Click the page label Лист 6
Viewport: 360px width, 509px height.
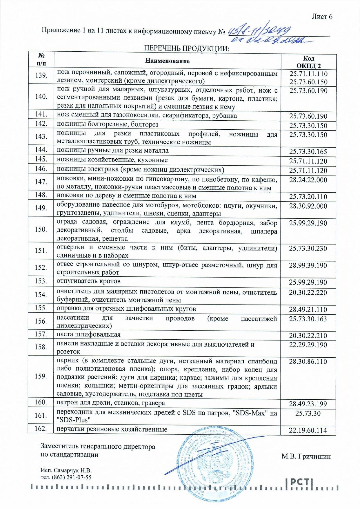(x=322, y=17)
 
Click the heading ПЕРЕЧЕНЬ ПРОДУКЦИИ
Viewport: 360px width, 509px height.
(x=186, y=48)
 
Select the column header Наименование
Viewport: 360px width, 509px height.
(x=167, y=61)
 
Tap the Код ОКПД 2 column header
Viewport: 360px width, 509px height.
(x=308, y=62)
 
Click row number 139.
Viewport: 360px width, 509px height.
(x=41, y=75)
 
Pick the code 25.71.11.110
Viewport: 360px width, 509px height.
(x=308, y=74)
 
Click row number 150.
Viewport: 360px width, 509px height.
(x=41, y=229)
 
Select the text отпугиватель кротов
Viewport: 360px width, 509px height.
(x=88, y=281)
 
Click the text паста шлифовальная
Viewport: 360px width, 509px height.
(x=88, y=334)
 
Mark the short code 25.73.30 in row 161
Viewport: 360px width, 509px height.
(x=308, y=413)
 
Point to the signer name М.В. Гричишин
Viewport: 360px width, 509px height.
(x=306, y=457)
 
